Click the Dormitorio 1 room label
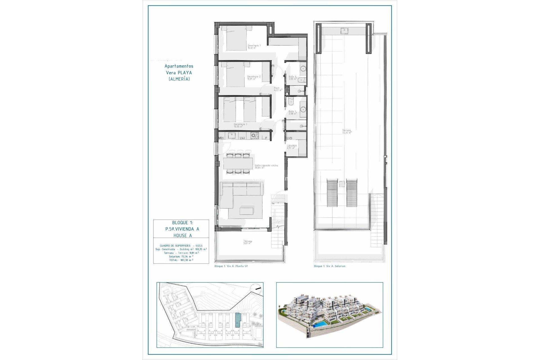[254, 46]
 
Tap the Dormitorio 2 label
[253, 78]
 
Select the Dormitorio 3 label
[240, 125]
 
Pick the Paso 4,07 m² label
[278, 89]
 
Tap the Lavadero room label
[292, 147]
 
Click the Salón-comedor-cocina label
[266, 166]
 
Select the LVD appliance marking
[289, 138]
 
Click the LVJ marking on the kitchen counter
[242, 138]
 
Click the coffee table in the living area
[246, 211]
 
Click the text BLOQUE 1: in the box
[182, 223]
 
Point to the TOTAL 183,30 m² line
[181, 260]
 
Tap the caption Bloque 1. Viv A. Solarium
[329, 266]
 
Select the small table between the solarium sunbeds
[342, 184]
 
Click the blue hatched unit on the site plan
[238, 320]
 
